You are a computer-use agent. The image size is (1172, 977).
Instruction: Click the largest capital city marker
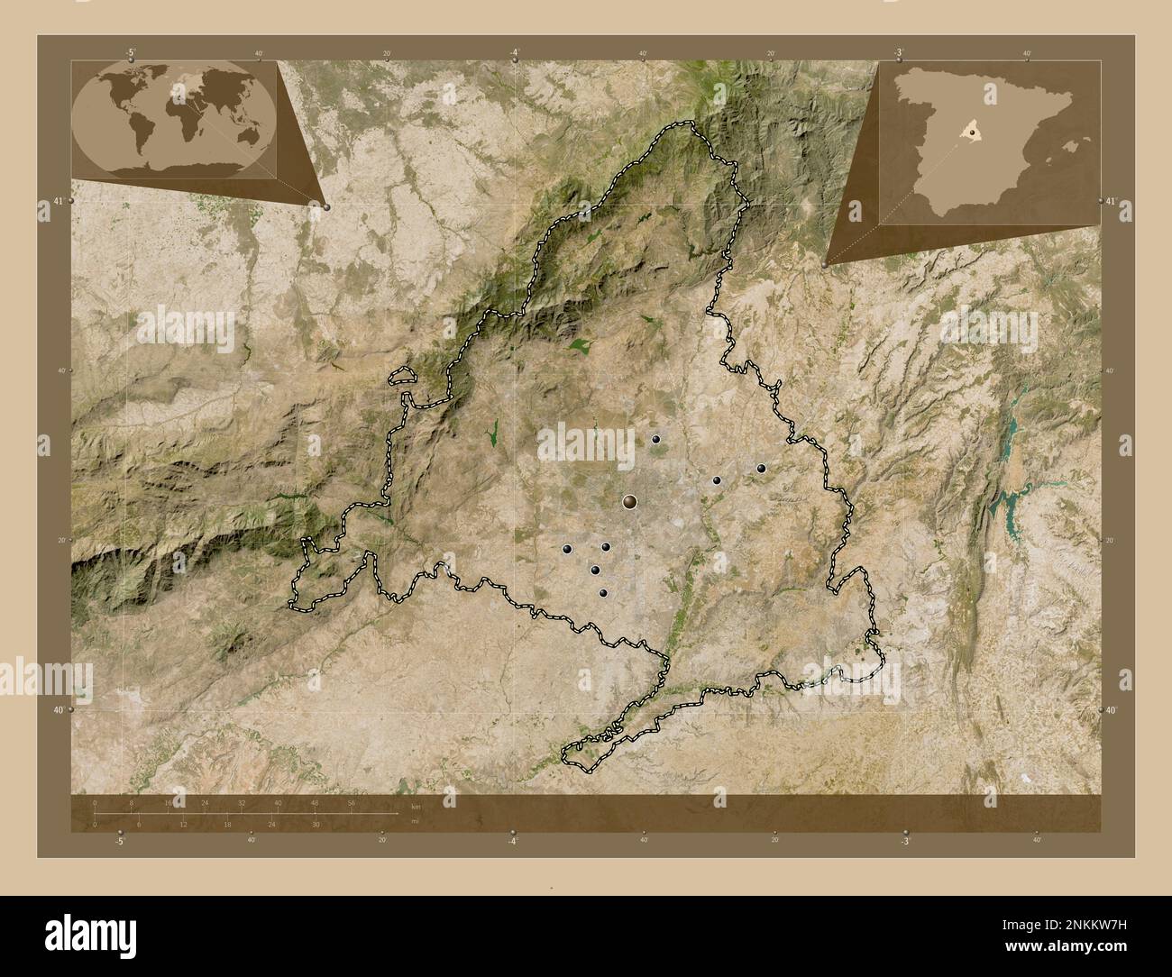point(630,500)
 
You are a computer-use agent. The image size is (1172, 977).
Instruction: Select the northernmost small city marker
point(656,439)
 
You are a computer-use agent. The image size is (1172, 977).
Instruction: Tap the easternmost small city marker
point(761,468)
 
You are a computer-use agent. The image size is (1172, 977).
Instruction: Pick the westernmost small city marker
point(568,548)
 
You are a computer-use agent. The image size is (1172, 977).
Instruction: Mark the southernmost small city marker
point(603,592)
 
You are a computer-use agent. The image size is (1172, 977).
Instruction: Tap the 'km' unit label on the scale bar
point(416,806)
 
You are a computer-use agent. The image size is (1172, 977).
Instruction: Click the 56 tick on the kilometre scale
point(351,802)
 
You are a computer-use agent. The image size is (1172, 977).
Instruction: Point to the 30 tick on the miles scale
point(316,824)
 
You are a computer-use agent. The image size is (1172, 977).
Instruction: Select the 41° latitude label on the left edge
point(57,201)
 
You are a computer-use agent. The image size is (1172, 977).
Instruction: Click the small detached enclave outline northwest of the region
point(402,376)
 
